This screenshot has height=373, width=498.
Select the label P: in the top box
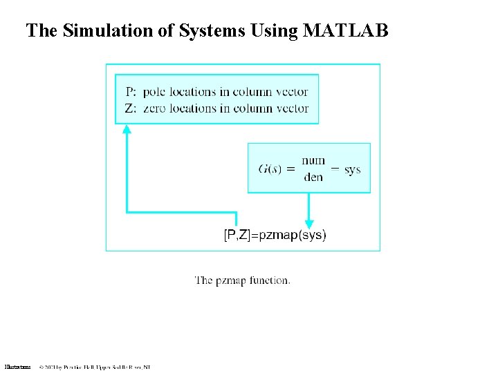(x=131, y=92)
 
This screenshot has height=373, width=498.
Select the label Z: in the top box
(x=131, y=108)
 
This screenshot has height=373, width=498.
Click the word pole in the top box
(x=156, y=92)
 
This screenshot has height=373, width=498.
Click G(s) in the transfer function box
(x=270, y=169)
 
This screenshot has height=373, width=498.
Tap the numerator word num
(x=313, y=161)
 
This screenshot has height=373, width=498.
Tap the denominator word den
(x=313, y=177)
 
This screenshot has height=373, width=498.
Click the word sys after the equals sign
(x=352, y=169)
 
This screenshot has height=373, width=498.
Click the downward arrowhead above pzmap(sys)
(x=308, y=222)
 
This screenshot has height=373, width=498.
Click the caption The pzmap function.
(x=242, y=280)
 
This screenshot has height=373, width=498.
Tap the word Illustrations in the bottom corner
(x=17, y=367)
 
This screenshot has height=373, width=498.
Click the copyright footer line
(x=95, y=367)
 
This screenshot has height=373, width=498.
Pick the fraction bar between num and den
(x=313, y=169)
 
